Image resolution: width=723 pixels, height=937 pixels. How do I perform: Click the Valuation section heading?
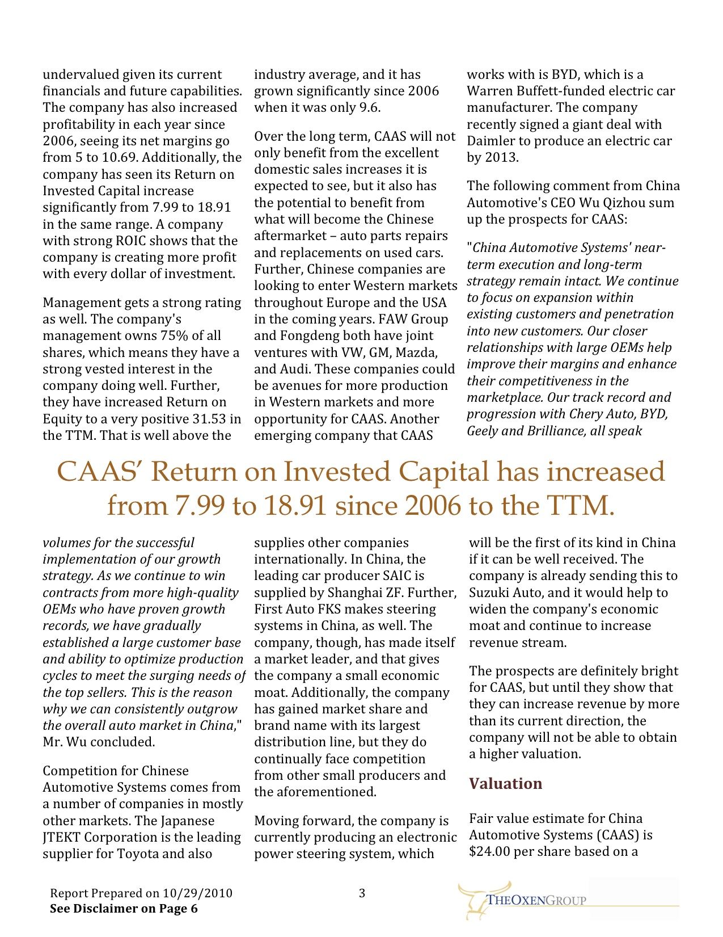coord(505,784)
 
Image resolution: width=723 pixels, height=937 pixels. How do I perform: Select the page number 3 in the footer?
coord(362,893)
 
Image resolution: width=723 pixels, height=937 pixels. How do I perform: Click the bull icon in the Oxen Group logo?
coord(473,900)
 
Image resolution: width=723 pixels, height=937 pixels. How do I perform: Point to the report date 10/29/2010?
coord(197,893)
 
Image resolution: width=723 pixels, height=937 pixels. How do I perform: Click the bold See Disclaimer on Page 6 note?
coord(124,909)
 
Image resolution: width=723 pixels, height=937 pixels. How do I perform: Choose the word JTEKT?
coord(61,837)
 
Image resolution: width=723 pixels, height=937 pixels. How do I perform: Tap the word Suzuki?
coord(488,593)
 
